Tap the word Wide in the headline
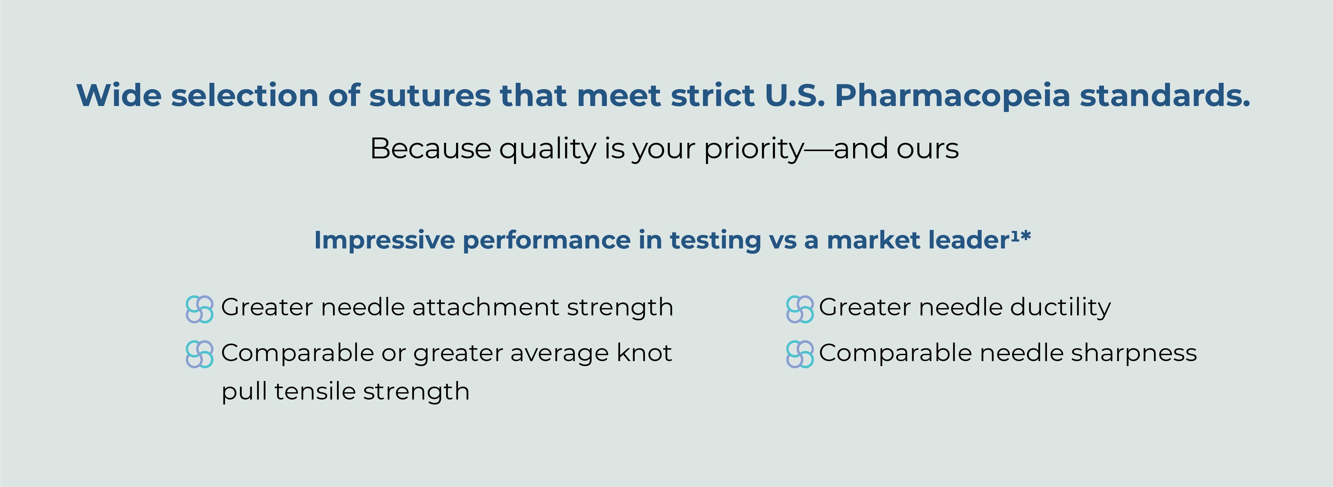click(119, 96)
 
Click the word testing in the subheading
click(715, 241)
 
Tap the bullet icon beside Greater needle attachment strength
click(199, 309)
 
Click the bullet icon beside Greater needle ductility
click(799, 309)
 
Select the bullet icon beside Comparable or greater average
click(199, 354)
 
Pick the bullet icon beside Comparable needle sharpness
click(799, 354)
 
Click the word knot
click(644, 353)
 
